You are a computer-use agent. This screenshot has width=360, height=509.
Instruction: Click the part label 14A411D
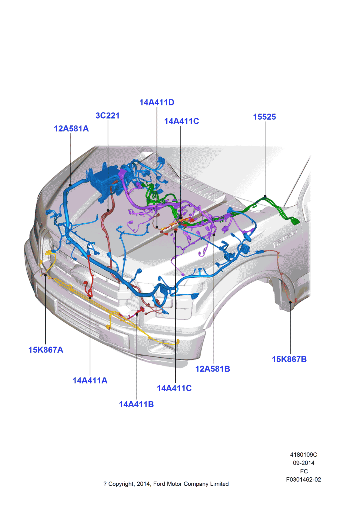157,102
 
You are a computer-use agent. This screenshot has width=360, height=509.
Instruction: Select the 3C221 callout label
107,115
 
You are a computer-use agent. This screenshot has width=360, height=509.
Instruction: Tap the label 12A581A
71,129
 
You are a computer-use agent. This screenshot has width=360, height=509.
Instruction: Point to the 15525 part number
265,117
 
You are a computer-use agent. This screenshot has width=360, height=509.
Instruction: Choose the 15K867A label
46,350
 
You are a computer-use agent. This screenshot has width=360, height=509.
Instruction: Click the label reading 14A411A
90,380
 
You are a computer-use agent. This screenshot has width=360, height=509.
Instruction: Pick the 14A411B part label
136,404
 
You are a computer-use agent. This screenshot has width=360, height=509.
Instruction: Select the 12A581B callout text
213,369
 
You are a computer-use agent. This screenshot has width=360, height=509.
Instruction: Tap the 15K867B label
289,359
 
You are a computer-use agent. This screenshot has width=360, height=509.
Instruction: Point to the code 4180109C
303,454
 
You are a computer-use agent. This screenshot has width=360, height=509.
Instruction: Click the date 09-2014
303,463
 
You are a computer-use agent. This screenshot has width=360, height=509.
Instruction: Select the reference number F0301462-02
303,479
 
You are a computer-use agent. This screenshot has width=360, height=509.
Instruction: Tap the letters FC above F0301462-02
304,471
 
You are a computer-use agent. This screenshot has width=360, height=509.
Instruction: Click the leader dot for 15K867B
290,302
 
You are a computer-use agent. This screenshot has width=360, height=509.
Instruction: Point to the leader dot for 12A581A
70,185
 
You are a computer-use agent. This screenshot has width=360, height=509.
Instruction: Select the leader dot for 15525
265,196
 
